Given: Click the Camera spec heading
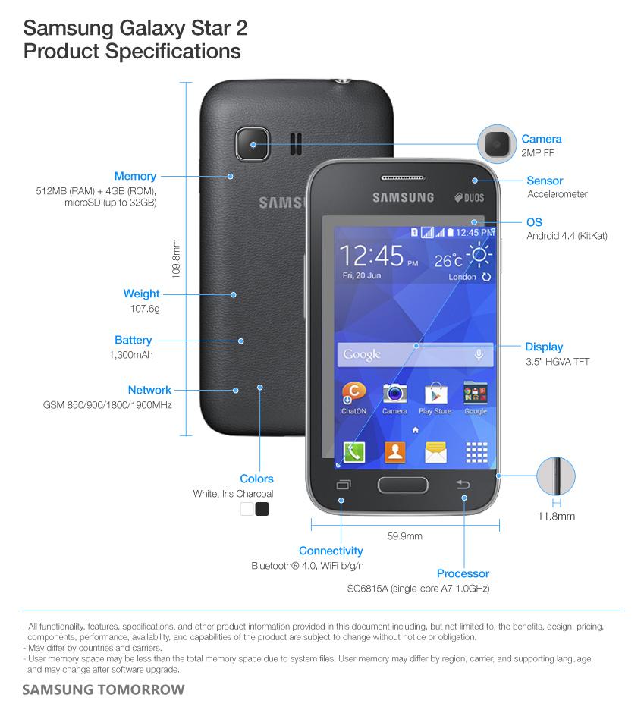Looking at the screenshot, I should click(541, 139).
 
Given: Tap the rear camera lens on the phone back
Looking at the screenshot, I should click(253, 143).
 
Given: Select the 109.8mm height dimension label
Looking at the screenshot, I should click(176, 259).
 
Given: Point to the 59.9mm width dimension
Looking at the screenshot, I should click(404, 536).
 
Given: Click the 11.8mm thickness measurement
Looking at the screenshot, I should click(556, 517).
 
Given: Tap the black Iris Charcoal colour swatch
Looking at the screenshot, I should click(262, 509).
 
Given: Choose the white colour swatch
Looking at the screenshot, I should click(247, 509).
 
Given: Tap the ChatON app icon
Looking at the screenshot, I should click(353, 394).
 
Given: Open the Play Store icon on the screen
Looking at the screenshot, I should click(435, 394).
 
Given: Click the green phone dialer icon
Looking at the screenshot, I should click(353, 452).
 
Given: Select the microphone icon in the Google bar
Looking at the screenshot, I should click(479, 354).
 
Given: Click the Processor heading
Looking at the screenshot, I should click(463, 573).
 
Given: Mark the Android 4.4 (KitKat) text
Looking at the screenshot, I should click(567, 236).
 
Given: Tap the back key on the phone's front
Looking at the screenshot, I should click(463, 485).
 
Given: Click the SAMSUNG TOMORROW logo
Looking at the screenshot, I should click(103, 690).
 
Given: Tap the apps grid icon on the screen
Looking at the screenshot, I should click(476, 453).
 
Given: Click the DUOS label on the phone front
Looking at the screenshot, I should click(470, 198).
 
